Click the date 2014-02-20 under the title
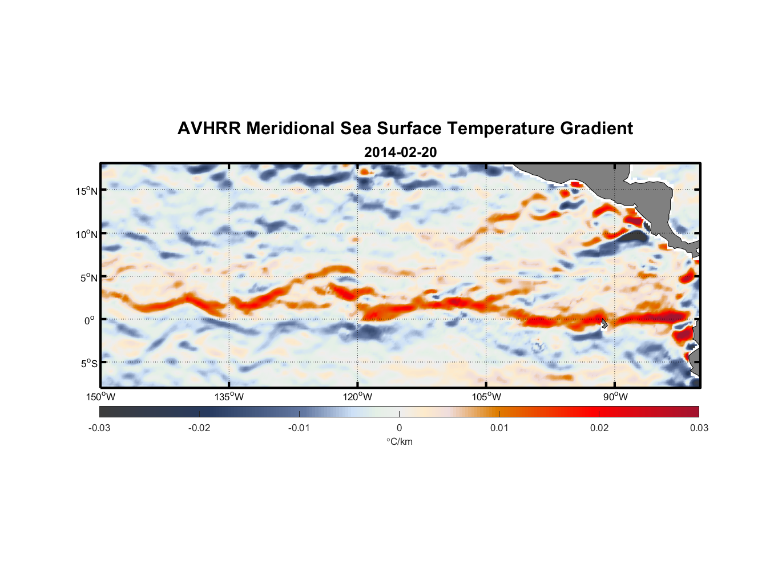[400, 152]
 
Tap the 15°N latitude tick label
[87, 191]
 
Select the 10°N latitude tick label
[87, 234]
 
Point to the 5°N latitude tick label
[88, 278]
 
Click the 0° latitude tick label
[90, 321]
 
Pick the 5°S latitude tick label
[88, 364]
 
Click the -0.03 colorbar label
[99, 428]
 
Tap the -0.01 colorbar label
[299, 428]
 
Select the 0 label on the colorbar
[399, 428]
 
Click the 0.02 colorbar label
[599, 428]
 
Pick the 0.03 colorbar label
[699, 428]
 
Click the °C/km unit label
[399, 441]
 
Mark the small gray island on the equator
[604, 324]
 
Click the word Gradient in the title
[596, 128]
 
